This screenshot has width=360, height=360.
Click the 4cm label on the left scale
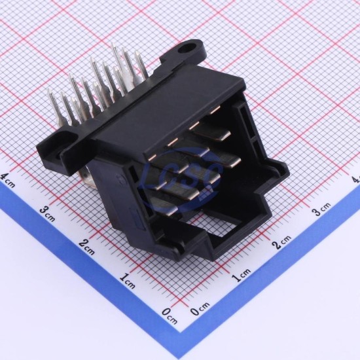(x=8, y=180)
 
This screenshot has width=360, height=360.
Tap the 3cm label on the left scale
(x=47, y=214)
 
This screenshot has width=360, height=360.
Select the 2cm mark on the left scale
(x=86, y=247)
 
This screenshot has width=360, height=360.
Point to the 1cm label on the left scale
(x=127, y=281)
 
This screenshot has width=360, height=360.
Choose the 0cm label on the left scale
(x=170, y=316)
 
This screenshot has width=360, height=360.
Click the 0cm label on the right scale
(x=200, y=308)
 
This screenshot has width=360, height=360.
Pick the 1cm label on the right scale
(x=241, y=275)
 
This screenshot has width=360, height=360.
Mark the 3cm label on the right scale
(x=322, y=209)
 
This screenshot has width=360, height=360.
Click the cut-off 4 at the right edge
(x=356, y=179)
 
